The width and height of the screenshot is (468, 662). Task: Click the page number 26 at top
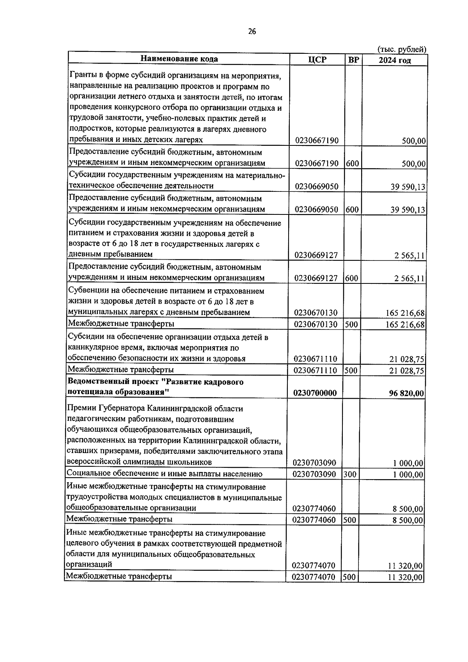click(x=252, y=32)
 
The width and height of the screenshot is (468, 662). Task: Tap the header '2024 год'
click(x=394, y=60)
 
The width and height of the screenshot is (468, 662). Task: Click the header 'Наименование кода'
click(x=179, y=59)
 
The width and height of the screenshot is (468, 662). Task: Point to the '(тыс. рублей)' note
click(x=401, y=50)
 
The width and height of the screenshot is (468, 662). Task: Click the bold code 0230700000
click(x=315, y=393)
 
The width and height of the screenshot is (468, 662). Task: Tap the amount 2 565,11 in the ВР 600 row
click(x=409, y=279)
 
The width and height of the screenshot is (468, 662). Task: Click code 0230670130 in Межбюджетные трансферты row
click(x=316, y=324)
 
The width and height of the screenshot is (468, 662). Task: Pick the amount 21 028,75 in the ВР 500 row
click(x=406, y=370)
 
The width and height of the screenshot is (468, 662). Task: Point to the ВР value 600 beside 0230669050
click(x=352, y=209)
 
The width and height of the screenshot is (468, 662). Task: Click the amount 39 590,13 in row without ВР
click(x=408, y=187)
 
